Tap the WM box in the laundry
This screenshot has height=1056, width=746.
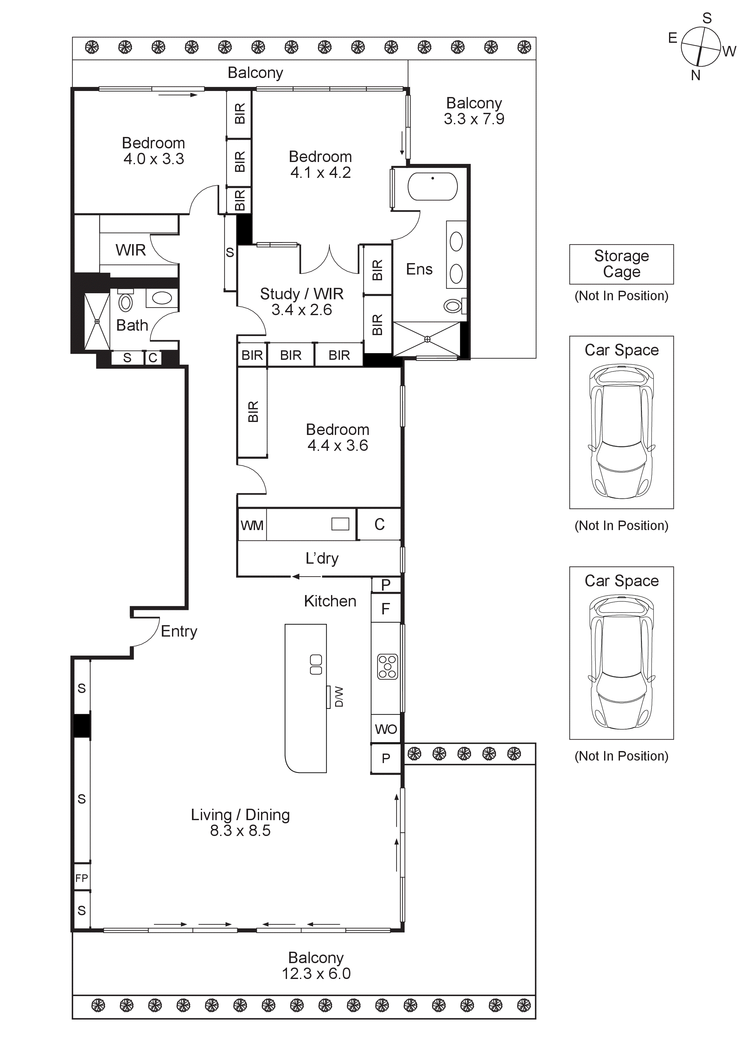coord(252,525)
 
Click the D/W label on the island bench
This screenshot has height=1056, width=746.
coord(339,697)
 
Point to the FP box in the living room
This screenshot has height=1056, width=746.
coord(82,878)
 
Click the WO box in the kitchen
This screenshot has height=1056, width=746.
coord(386,729)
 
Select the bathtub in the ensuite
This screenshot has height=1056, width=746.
coord(432,186)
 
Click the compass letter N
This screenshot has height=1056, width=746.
coord(695,75)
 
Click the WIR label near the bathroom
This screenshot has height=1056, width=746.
coord(131,250)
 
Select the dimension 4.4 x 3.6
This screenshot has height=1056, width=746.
coord(337,445)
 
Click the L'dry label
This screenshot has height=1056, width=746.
coord(322,558)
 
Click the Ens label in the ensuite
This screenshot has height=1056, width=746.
coord(419,269)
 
